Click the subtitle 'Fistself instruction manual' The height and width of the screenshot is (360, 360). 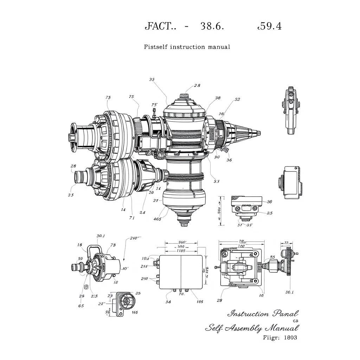pyautogui.click(x=187, y=47)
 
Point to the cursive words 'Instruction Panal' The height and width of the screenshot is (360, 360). pyautogui.click(x=263, y=314)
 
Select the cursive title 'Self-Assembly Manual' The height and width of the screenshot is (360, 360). pyautogui.click(x=252, y=328)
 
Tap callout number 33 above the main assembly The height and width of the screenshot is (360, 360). pyautogui.click(x=152, y=79)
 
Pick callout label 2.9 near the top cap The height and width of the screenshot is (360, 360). pyautogui.click(x=197, y=85)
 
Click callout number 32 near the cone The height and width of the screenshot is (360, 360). pyautogui.click(x=237, y=99)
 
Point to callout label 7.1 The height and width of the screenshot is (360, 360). pyautogui.click(x=132, y=218)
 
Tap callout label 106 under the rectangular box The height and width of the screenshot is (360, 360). pyautogui.click(x=200, y=301)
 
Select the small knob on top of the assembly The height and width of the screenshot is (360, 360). pyautogui.click(x=185, y=96)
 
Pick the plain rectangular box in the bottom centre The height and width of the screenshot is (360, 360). pyautogui.click(x=181, y=272)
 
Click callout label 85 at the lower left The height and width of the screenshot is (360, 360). pyautogui.click(x=81, y=306)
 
